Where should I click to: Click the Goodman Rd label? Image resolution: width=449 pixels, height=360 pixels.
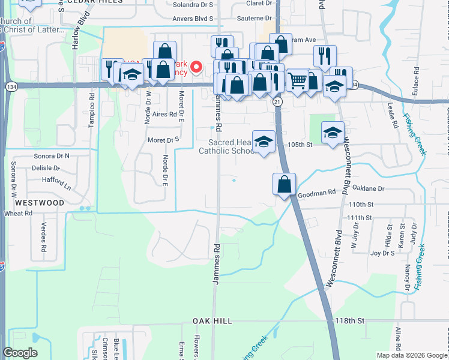pyautogui.click(x=316, y=193)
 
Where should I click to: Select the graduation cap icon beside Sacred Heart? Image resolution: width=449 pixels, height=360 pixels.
pyautogui.click(x=264, y=142)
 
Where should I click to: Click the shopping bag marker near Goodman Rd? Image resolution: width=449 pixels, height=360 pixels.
pyautogui.click(x=284, y=184)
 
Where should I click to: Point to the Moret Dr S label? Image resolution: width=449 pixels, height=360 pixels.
pyautogui.click(x=164, y=140)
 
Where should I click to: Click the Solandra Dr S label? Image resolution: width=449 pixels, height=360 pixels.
pyautogui.click(x=193, y=4)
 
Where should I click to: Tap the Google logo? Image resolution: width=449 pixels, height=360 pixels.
pyautogui.click(x=20, y=353)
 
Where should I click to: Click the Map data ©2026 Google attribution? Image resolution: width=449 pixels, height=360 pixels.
pyautogui.click(x=411, y=355)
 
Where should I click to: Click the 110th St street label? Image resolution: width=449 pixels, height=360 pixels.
pyautogui.click(x=361, y=205)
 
